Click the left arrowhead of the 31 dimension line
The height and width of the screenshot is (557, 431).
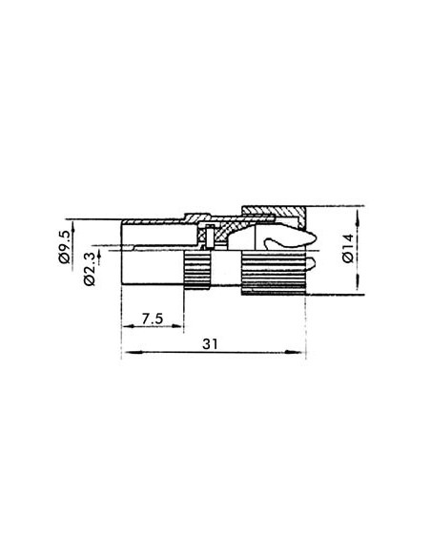point(126,353)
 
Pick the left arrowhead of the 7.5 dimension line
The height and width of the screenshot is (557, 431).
point(126,324)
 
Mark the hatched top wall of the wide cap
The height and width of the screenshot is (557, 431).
point(272,209)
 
